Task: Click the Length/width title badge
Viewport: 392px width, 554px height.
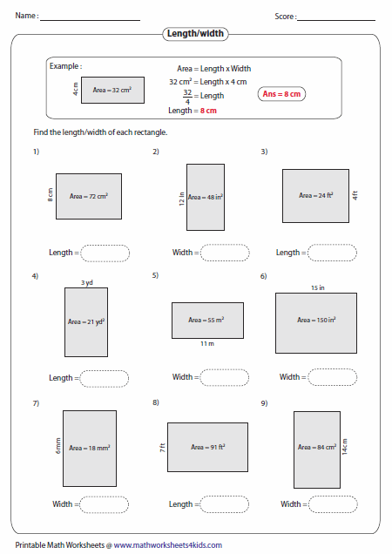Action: pyautogui.click(x=196, y=33)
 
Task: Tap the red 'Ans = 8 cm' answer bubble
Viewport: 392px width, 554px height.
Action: pyautogui.click(x=286, y=93)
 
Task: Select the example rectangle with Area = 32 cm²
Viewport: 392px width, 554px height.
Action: pyautogui.click(x=113, y=90)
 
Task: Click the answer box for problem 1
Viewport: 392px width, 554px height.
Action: pyautogui.click(x=105, y=253)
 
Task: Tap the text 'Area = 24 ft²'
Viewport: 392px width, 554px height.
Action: pyautogui.click(x=316, y=195)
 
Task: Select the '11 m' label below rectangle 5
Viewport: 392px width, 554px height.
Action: pyautogui.click(x=206, y=344)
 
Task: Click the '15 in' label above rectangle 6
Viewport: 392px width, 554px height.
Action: pyautogui.click(x=315, y=287)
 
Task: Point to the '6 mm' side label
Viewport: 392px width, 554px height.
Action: pyautogui.click(x=57, y=447)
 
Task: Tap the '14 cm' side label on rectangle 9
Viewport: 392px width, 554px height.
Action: pyautogui.click(x=344, y=447)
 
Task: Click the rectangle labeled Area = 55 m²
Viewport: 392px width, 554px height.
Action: pyautogui.click(x=207, y=320)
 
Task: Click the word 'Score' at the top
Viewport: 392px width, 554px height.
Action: pyautogui.click(x=284, y=16)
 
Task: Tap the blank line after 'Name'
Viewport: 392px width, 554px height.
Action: pyautogui.click(x=90, y=17)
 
